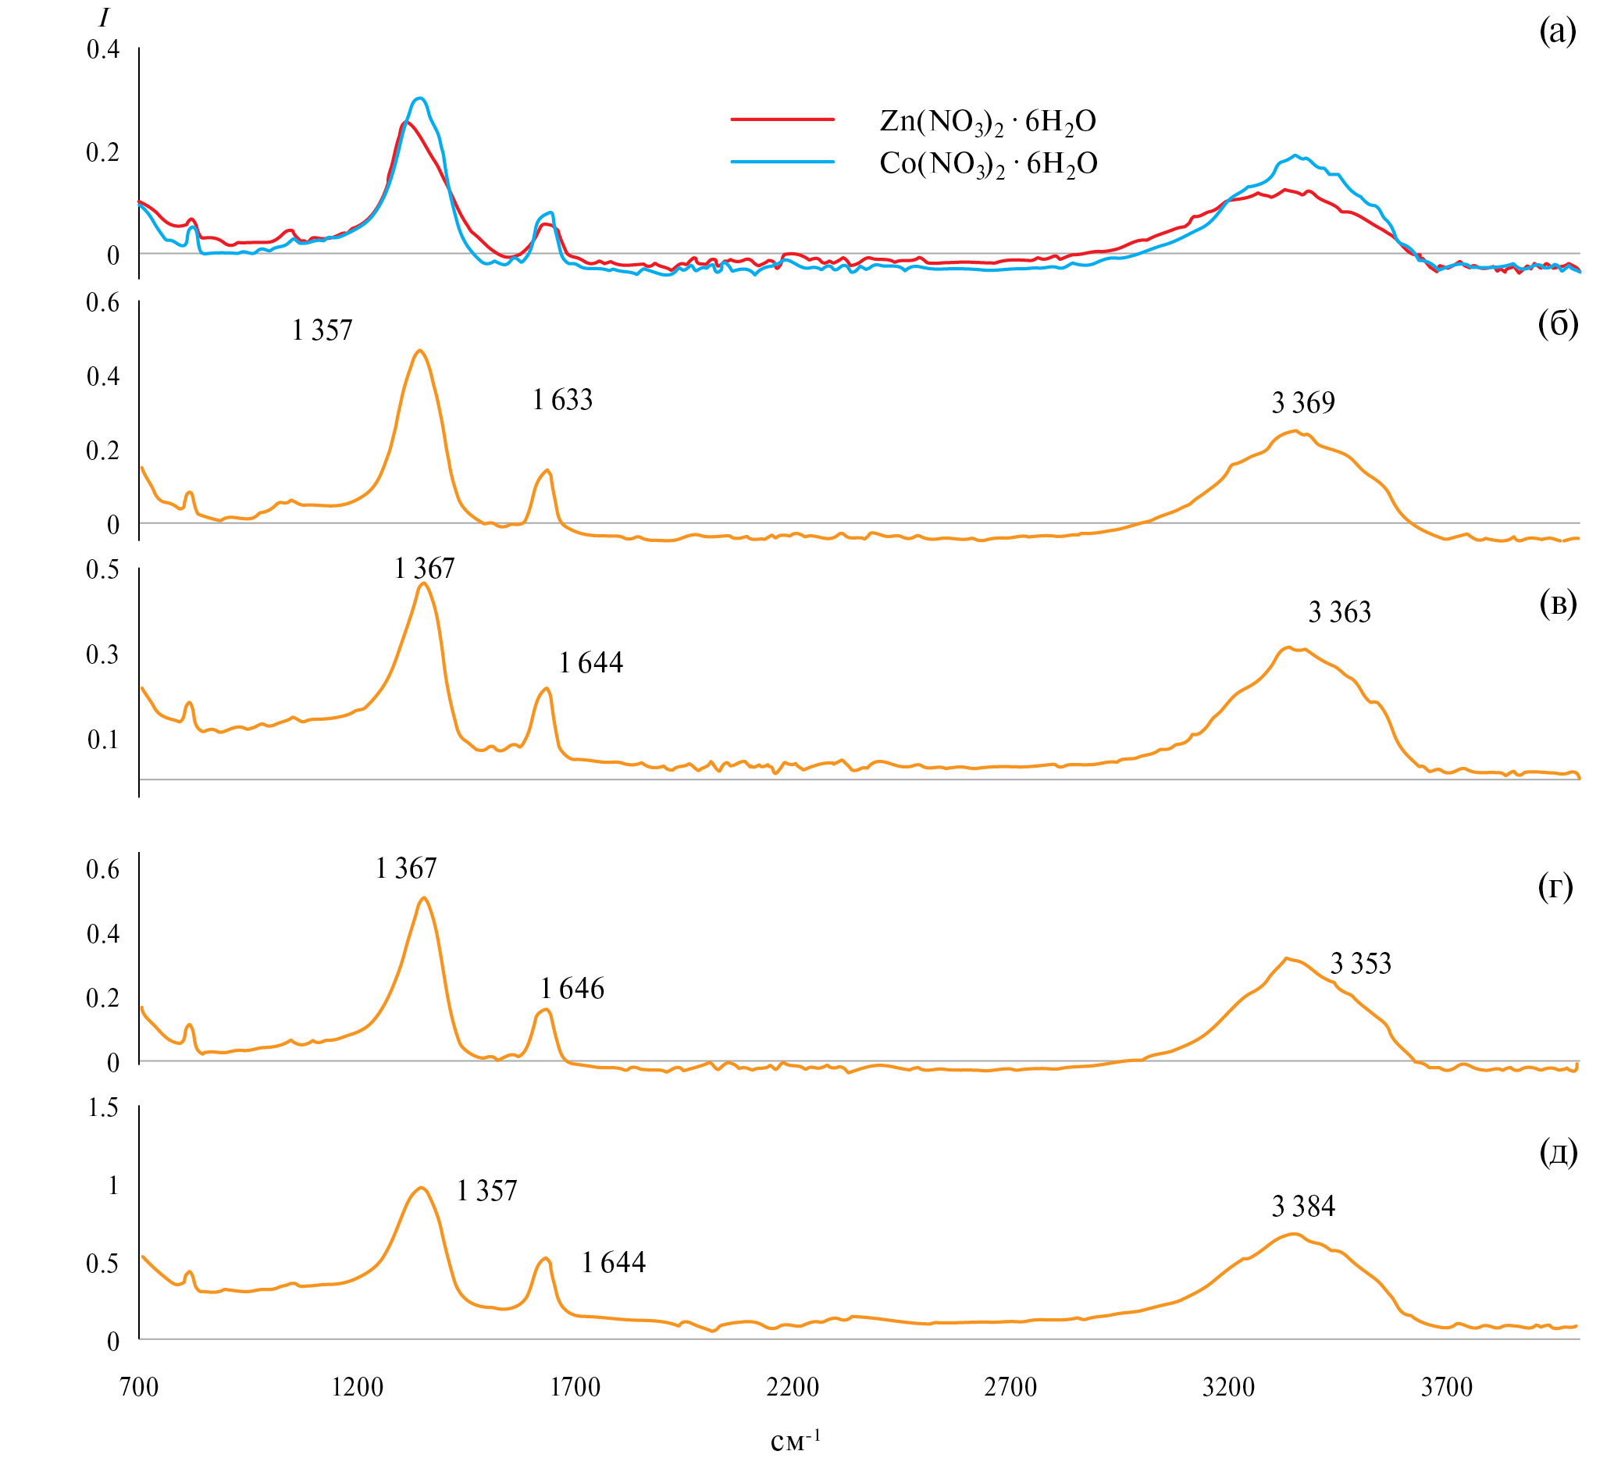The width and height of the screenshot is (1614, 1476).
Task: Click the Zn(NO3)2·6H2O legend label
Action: [987, 122]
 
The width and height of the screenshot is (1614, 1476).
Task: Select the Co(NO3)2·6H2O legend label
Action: [988, 164]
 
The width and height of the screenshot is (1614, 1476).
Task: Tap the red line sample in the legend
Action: [782, 119]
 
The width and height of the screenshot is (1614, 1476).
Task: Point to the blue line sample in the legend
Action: [782, 162]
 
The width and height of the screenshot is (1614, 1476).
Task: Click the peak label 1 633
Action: [562, 400]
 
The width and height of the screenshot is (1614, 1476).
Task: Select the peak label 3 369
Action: [1303, 403]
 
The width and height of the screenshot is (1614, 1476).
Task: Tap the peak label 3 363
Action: [1339, 613]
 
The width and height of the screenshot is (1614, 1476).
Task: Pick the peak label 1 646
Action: [572, 989]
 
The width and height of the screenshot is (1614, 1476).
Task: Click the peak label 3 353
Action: [1360, 964]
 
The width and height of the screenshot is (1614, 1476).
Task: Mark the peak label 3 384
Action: [1303, 1206]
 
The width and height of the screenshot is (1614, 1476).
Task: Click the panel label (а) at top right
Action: [1557, 33]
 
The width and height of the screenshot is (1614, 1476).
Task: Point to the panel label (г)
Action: [1555, 886]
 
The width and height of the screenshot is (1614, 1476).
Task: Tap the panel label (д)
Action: [1558, 1153]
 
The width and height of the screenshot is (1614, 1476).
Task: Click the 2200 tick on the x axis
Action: [793, 1386]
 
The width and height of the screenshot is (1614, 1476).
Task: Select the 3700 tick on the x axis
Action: [1447, 1386]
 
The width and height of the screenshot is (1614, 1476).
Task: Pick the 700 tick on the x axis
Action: [139, 1386]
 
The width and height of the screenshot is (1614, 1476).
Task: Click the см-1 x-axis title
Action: [795, 1442]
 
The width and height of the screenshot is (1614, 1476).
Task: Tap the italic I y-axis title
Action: [103, 18]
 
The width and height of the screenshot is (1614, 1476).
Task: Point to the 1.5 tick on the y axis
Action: [103, 1107]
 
